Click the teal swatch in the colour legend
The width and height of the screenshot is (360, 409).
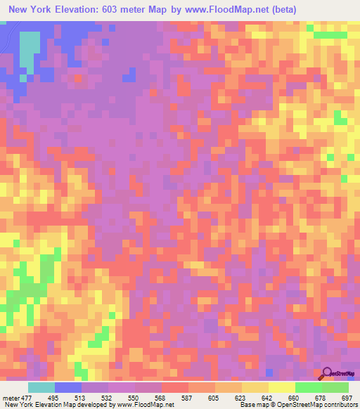[x=41, y=387]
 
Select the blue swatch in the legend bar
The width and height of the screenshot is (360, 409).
[x=68, y=387]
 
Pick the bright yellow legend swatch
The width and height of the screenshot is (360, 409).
[x=281, y=387]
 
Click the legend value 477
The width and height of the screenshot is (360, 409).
[x=28, y=398]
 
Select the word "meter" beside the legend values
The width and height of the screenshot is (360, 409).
[x=11, y=398]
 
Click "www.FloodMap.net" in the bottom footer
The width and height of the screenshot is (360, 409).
[x=143, y=405]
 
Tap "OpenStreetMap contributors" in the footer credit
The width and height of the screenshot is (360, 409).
[x=314, y=405]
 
